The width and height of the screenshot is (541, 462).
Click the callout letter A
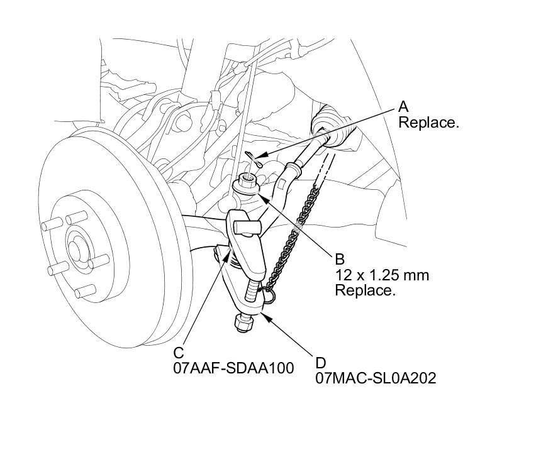point(403,107)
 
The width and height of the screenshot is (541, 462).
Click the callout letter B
point(340,259)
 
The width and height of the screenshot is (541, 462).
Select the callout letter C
point(179,353)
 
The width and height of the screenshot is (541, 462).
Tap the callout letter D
point(321,363)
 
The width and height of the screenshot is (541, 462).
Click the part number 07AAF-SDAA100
point(233,368)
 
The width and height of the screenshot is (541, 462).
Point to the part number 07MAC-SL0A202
point(376,378)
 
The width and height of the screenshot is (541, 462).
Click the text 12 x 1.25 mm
point(382,275)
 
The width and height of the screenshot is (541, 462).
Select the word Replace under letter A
point(428,123)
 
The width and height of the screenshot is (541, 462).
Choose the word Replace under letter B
point(365,290)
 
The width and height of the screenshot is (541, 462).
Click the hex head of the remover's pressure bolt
point(244,323)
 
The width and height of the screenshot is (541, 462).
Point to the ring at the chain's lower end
point(269,295)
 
